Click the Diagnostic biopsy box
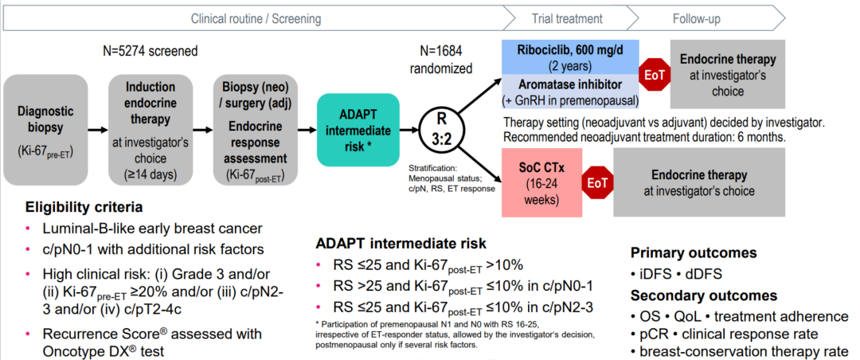click(x=46, y=130)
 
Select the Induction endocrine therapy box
click(x=150, y=130)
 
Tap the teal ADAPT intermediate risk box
click(x=358, y=130)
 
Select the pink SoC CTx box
click(x=541, y=182)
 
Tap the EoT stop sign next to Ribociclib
click(x=655, y=75)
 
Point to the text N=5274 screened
click(x=150, y=51)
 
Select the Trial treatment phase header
click(x=567, y=18)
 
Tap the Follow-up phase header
click(x=697, y=18)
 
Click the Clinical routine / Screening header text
click(x=256, y=18)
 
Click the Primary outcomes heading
click(x=694, y=253)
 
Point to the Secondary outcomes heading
click(x=704, y=295)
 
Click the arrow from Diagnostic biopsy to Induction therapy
click(x=98, y=130)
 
